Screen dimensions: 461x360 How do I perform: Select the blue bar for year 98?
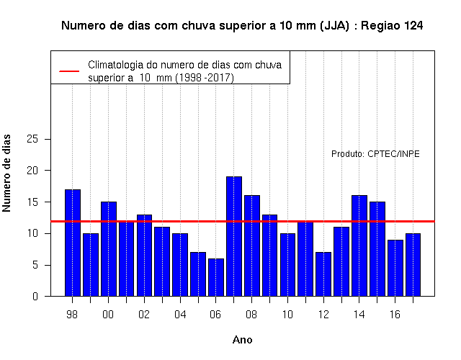(x=73, y=243)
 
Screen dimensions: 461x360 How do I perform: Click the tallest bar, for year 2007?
(x=234, y=236)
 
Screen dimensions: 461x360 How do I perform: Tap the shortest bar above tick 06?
(x=216, y=277)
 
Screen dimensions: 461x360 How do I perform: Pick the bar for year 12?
(x=323, y=274)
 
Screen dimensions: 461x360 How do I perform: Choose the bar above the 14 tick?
(x=359, y=246)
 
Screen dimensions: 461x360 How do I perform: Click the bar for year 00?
(x=109, y=249)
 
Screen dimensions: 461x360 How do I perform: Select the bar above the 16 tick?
(x=395, y=268)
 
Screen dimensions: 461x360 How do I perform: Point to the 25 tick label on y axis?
(x=32, y=139)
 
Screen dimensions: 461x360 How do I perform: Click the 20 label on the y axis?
(x=32, y=171)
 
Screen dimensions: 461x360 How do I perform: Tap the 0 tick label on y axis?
(x=35, y=296)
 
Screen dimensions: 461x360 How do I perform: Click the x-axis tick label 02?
(x=144, y=315)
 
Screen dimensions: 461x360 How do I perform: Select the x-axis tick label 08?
(x=251, y=315)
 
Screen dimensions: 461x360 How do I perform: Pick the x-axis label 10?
(x=287, y=315)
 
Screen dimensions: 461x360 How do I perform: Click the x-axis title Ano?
(x=243, y=340)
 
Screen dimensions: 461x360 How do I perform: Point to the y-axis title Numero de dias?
(x=6, y=174)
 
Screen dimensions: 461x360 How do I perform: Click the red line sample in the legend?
(x=69, y=71)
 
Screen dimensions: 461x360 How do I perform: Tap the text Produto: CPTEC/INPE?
(x=375, y=154)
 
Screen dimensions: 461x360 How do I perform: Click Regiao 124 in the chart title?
(x=392, y=26)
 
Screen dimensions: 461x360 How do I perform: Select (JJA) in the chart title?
(x=334, y=26)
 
